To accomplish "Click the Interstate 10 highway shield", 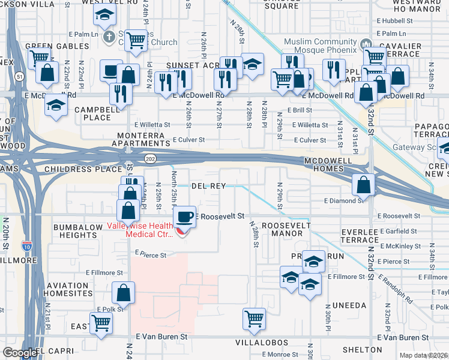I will (x=26, y=245).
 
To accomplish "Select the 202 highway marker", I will (x=149, y=157).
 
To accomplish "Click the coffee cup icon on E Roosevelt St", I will (x=184, y=217).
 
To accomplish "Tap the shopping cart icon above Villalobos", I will (x=255, y=318).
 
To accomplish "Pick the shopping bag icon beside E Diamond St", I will (x=364, y=185).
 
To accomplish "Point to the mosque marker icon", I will (x=366, y=45).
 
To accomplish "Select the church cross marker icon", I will (x=109, y=37).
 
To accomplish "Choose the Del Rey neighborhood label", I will (x=208, y=186).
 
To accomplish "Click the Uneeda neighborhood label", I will (x=345, y=305).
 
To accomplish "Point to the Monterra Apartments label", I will (x=141, y=140).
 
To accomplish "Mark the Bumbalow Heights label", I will (x=79, y=232).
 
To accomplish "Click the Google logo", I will (x=20, y=353).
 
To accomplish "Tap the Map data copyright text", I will (x=423, y=355).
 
